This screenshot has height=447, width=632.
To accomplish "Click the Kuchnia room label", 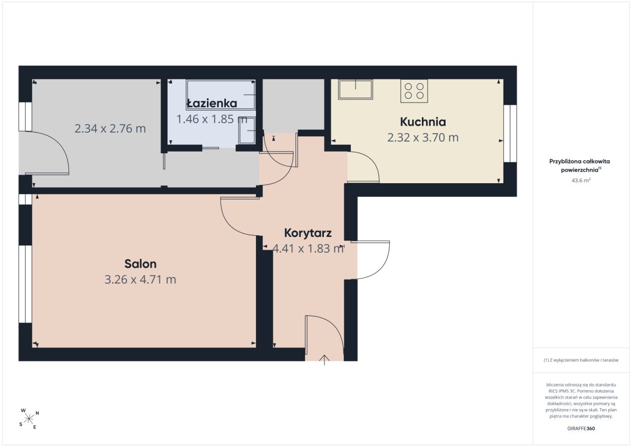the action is pyautogui.click(x=422, y=122).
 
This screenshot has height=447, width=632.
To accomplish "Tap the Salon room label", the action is pyautogui.click(x=140, y=264).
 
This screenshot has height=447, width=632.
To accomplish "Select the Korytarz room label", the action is pyautogui.click(x=308, y=233).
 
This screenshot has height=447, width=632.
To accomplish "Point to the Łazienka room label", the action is pyautogui.click(x=212, y=103).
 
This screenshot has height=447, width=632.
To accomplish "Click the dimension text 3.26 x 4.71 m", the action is pyautogui.click(x=140, y=280).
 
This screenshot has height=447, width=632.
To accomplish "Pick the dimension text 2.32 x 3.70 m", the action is pyautogui.click(x=422, y=137).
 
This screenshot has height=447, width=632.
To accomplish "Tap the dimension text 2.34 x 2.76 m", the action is pyautogui.click(x=110, y=128).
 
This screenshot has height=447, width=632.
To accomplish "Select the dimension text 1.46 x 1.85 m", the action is pyautogui.click(x=212, y=119).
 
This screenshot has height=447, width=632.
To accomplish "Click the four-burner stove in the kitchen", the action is pyautogui.click(x=414, y=91).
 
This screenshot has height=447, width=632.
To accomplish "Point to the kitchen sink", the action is pyautogui.click(x=355, y=89).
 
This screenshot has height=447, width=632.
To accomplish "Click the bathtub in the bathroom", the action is pyautogui.click(x=221, y=94).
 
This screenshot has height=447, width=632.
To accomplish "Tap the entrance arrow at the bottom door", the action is pyautogui.click(x=324, y=360).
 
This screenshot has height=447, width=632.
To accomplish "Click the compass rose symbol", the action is pyautogui.click(x=28, y=419).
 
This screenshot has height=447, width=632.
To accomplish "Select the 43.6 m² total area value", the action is pyautogui.click(x=581, y=180).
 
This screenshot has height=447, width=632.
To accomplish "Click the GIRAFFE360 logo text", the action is pyautogui.click(x=581, y=429).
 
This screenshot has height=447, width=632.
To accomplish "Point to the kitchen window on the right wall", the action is pyautogui.click(x=510, y=134).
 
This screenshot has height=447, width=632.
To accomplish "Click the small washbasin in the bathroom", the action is pyautogui.click(x=247, y=131).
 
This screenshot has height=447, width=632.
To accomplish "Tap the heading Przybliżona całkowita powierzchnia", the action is pyautogui.click(x=579, y=165).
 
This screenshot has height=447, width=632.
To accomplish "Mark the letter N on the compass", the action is pyautogui.click(x=37, y=413).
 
